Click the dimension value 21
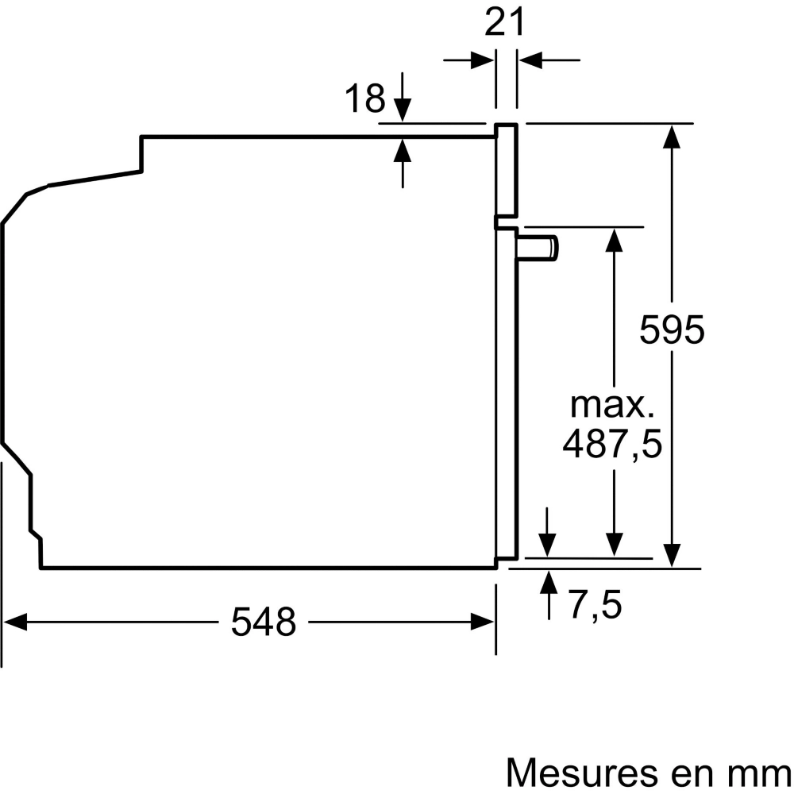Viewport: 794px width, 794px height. pyautogui.click(x=504, y=23)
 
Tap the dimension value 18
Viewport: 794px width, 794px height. pyautogui.click(x=365, y=98)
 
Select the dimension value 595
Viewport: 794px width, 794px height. pyautogui.click(x=672, y=330)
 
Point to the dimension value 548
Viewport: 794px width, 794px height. pyautogui.click(x=264, y=622)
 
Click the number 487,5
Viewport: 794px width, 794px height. pyautogui.click(x=612, y=444)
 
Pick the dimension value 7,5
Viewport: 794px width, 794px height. pyautogui.click(x=595, y=604)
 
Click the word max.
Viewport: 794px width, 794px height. pyautogui.click(x=612, y=405)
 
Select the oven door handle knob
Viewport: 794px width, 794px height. pyautogui.click(x=538, y=248)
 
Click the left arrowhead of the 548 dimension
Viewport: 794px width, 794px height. pyautogui.click(x=15, y=622)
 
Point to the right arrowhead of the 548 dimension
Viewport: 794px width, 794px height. pyautogui.click(x=482, y=622)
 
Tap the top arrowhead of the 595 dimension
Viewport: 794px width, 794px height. pyautogui.click(x=672, y=137)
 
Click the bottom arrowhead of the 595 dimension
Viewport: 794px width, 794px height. pyautogui.click(x=672, y=556)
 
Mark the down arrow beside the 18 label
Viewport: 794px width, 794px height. pyautogui.click(x=403, y=97)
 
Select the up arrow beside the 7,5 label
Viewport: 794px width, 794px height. pyautogui.click(x=549, y=595)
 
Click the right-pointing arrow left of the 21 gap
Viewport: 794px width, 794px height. pyautogui.click(x=468, y=60)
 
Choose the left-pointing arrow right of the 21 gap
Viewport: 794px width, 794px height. pyautogui.click(x=549, y=60)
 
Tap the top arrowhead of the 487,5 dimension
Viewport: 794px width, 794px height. pyautogui.click(x=615, y=241)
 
